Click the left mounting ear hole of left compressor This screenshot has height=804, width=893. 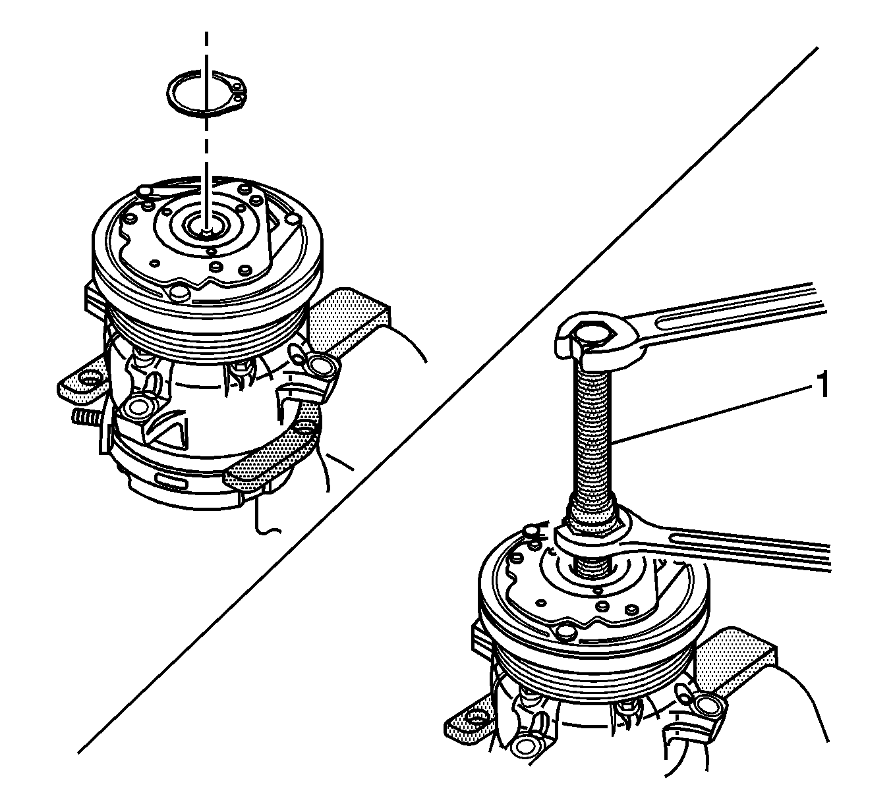tap(86, 380)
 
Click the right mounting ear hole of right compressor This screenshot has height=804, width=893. tap(709, 707)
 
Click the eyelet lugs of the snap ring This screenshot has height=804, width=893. tap(240, 92)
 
